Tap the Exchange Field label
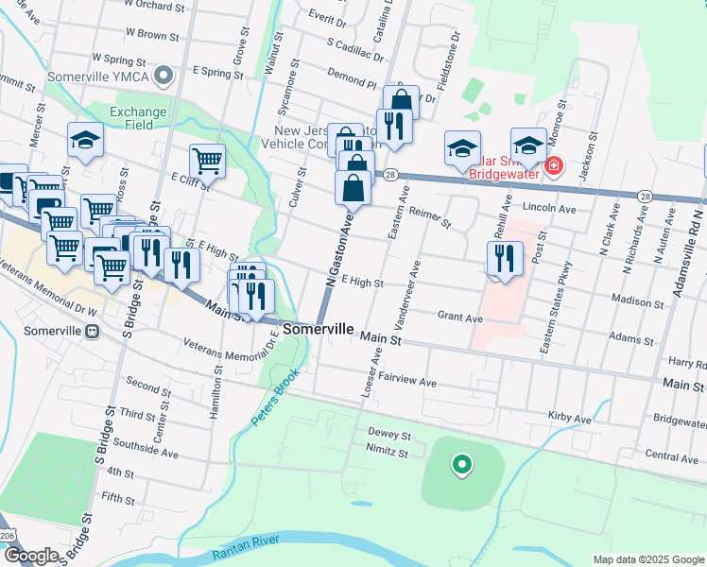click(x=138, y=118)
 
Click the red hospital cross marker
click(x=553, y=167)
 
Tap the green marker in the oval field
click(x=461, y=464)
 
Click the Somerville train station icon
click(x=93, y=332)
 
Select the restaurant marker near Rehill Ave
click(x=504, y=259)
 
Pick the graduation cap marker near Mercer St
click(x=84, y=141)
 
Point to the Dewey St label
click(x=389, y=436)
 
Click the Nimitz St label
click(x=388, y=453)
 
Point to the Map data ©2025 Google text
click(x=647, y=559)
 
